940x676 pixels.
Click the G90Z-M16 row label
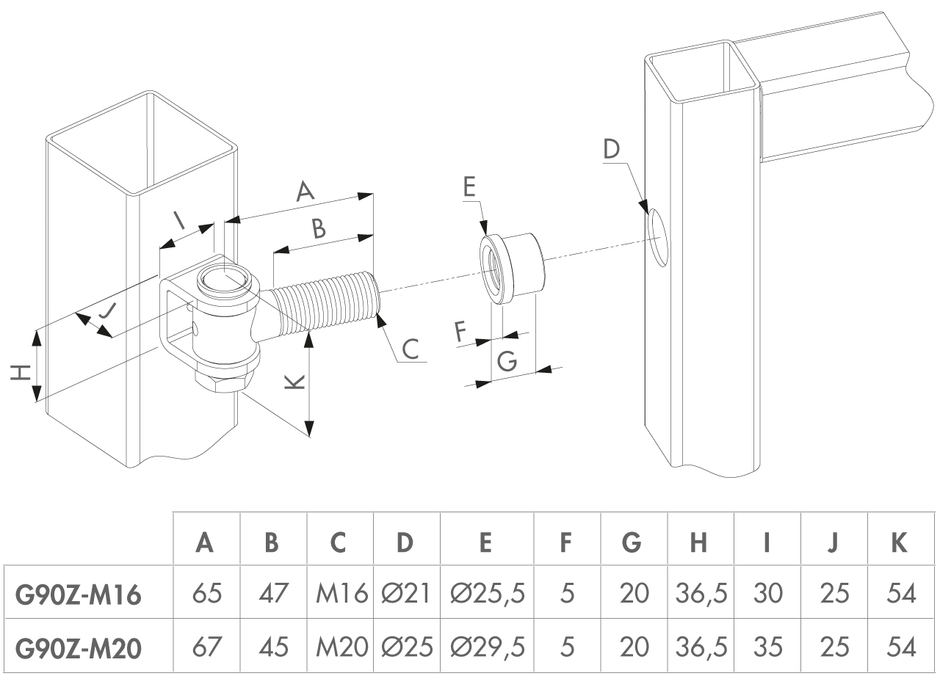tap(78, 594)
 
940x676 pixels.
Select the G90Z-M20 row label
tap(78, 647)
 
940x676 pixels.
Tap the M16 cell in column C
tap(341, 594)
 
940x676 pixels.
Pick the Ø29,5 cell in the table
tap(488, 647)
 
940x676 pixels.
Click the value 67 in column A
tap(206, 647)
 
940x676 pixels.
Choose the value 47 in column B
tap(273, 594)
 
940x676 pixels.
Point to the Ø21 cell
tap(407, 594)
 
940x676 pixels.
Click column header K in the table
tap(900, 542)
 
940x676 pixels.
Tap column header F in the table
tap(566, 542)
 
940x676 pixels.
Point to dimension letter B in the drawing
tap(318, 229)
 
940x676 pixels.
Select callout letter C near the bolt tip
tap(411, 348)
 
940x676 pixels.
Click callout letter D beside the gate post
tap(612, 149)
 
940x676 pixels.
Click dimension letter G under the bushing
tap(508, 361)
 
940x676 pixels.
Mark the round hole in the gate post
tap(659, 236)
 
